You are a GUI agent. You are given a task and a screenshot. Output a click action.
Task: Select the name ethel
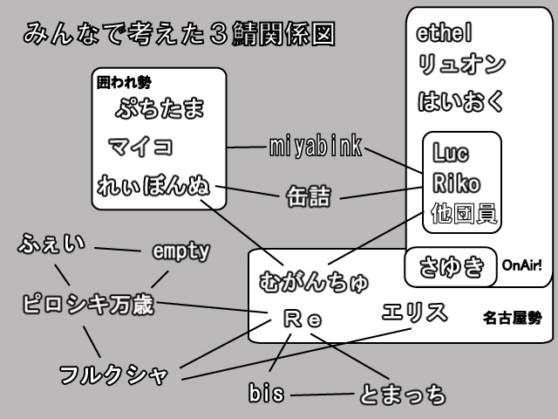pyautogui.click(x=445, y=35)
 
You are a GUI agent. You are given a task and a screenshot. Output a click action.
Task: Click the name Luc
pyautogui.click(x=450, y=154)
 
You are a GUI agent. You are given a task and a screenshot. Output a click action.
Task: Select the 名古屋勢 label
pyautogui.click(x=512, y=319)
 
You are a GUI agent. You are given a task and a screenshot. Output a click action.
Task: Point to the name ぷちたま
pyautogui.click(x=160, y=110)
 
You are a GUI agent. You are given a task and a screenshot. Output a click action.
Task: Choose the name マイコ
pyautogui.click(x=140, y=145)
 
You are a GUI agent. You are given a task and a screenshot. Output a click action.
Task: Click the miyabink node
pyautogui.click(x=315, y=147)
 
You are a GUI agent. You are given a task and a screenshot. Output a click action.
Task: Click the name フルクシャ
pyautogui.click(x=112, y=375)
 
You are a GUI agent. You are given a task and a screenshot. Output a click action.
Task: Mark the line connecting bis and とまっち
pyautogui.click(x=323, y=395)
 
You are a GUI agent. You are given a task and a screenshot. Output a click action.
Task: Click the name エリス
pyautogui.click(x=415, y=312)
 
